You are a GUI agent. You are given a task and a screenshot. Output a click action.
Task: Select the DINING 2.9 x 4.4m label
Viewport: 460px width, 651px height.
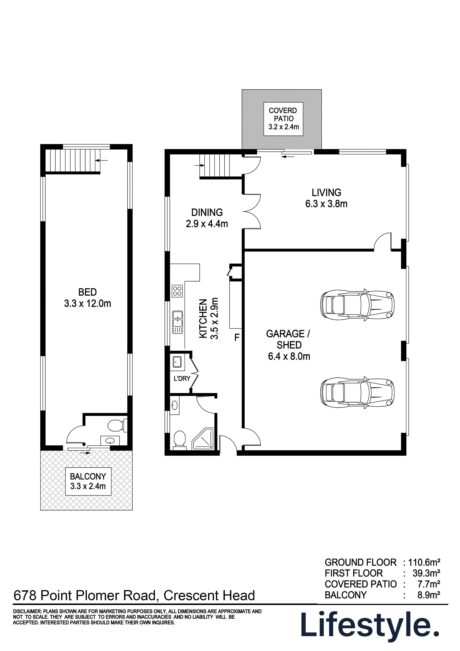pos(207,218)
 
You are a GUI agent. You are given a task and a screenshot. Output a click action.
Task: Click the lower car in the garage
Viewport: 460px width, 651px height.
pos(357,393)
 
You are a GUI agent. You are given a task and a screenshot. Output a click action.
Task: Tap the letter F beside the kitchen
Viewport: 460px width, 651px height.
pos(237,337)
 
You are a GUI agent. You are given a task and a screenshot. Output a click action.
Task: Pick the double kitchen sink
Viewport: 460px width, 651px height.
pos(178,322)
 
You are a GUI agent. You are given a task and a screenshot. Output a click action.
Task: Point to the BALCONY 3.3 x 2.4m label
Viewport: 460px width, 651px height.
pos(88,481)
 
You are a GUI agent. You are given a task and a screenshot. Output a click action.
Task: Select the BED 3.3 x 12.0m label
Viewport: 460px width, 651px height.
pos(88,298)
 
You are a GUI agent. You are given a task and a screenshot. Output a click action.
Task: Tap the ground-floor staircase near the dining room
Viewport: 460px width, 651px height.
pos(221,166)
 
